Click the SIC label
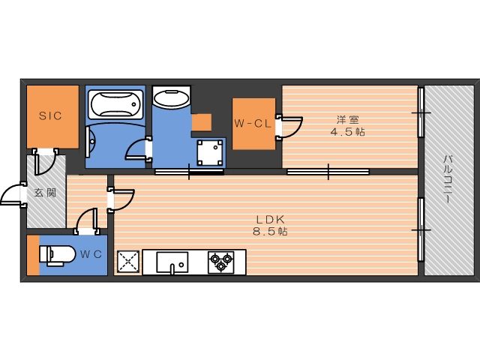point(50,115)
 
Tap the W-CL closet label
point(253,123)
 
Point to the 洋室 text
point(348,119)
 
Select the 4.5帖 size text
point(347,132)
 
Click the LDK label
point(271,219)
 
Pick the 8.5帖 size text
point(270,232)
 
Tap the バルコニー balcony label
point(448,180)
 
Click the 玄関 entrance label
point(45,193)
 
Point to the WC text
point(91,254)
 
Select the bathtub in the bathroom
point(115,104)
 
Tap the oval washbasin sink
point(171,98)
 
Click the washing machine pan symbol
point(210,152)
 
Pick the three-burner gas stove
point(220,262)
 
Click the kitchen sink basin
point(172,262)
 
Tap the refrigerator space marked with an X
point(128,262)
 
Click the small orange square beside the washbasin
point(202,122)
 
